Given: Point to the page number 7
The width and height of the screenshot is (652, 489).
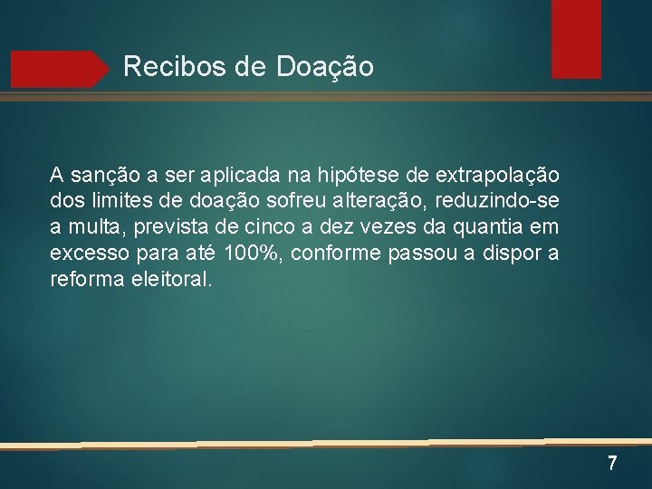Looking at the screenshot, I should [x=612, y=464].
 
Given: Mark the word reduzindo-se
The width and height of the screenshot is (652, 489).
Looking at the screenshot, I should [x=508, y=199].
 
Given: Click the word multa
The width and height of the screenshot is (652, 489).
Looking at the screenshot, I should [x=88, y=225].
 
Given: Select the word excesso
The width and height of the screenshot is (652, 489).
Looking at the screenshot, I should [x=88, y=252].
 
